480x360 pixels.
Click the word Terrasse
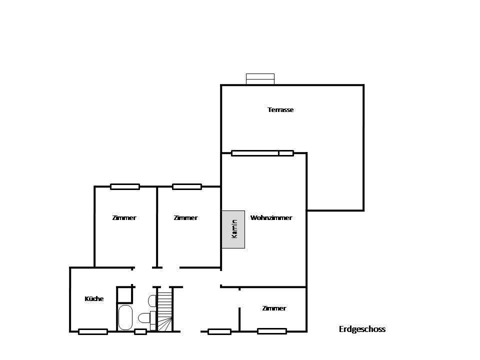point(280,109)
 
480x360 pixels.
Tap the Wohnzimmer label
point(271,217)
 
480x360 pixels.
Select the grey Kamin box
point(233,229)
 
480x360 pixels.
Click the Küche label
point(94,298)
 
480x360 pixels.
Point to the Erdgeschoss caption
point(362,329)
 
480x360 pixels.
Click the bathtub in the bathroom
point(125,317)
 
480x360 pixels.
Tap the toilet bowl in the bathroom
point(144,318)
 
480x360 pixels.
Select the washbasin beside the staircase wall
point(152,301)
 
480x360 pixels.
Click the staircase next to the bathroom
point(164,311)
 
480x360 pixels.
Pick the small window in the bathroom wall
point(140,331)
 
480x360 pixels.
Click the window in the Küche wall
point(93,331)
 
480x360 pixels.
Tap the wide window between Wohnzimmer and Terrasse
point(262,153)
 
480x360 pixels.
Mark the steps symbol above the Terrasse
point(260,79)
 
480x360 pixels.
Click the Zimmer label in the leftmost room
point(124,217)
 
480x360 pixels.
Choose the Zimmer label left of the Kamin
point(185,217)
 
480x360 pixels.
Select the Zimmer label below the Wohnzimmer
point(274,308)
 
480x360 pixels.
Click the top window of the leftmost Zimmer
point(125,186)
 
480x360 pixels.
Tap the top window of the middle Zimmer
point(187,186)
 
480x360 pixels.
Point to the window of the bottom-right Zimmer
point(272,331)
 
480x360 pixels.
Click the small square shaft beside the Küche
point(125,294)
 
